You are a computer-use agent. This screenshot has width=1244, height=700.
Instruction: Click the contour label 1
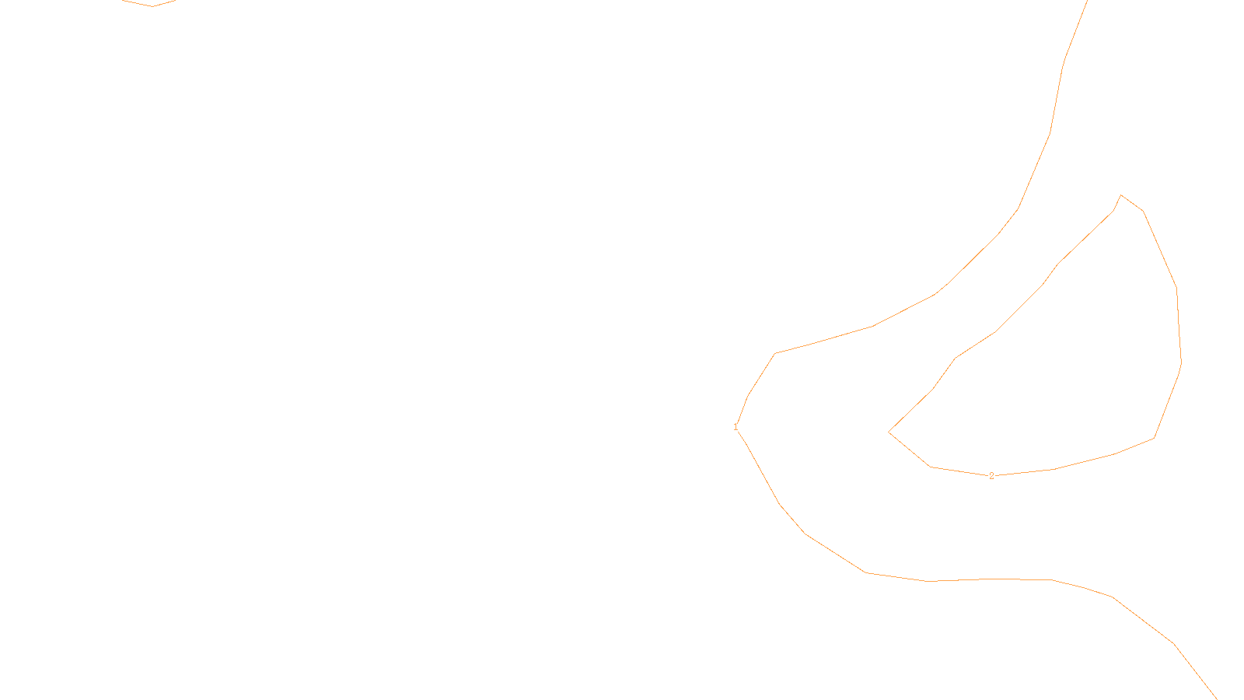(736, 427)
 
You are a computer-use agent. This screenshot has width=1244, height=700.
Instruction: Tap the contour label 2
(991, 476)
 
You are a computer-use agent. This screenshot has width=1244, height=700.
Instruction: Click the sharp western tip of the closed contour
(889, 432)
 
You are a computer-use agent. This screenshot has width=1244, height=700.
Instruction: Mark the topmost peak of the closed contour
(1120, 195)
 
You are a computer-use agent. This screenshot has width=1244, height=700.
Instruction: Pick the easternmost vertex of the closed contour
(1181, 362)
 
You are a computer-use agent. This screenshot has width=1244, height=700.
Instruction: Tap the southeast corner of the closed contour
(1154, 438)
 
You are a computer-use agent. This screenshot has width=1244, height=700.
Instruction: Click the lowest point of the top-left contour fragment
(152, 6)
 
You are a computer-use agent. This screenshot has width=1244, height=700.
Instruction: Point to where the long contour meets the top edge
(1087, 1)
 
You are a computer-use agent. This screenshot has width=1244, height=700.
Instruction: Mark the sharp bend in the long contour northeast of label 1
(775, 353)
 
